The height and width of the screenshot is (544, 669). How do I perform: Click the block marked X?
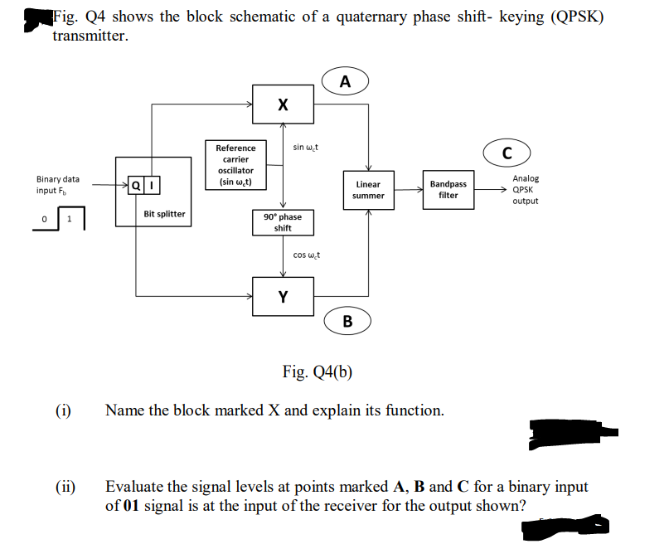coord(284,104)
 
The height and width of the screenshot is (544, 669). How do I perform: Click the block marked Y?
coord(284,296)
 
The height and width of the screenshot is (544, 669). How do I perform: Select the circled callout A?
coord(345,81)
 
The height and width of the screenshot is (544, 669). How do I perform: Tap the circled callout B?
coord(347,320)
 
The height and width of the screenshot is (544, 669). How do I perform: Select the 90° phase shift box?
coord(283,222)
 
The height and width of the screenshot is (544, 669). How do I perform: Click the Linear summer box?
coord(368,190)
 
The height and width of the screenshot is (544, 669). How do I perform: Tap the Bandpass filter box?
coord(448,189)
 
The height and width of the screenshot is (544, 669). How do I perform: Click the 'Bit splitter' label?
coord(164,214)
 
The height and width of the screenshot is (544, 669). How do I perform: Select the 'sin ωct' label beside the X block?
coord(306,148)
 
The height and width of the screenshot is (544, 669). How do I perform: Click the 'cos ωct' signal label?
coord(307,255)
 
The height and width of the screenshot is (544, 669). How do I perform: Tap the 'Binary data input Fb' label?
coord(58,184)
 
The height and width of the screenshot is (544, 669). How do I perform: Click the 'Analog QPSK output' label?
coord(526,189)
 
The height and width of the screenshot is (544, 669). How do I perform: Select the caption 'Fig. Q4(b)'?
coord(318,371)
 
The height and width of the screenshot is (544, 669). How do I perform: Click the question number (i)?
coord(63,410)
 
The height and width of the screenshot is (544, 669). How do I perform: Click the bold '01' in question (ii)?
coord(129,505)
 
